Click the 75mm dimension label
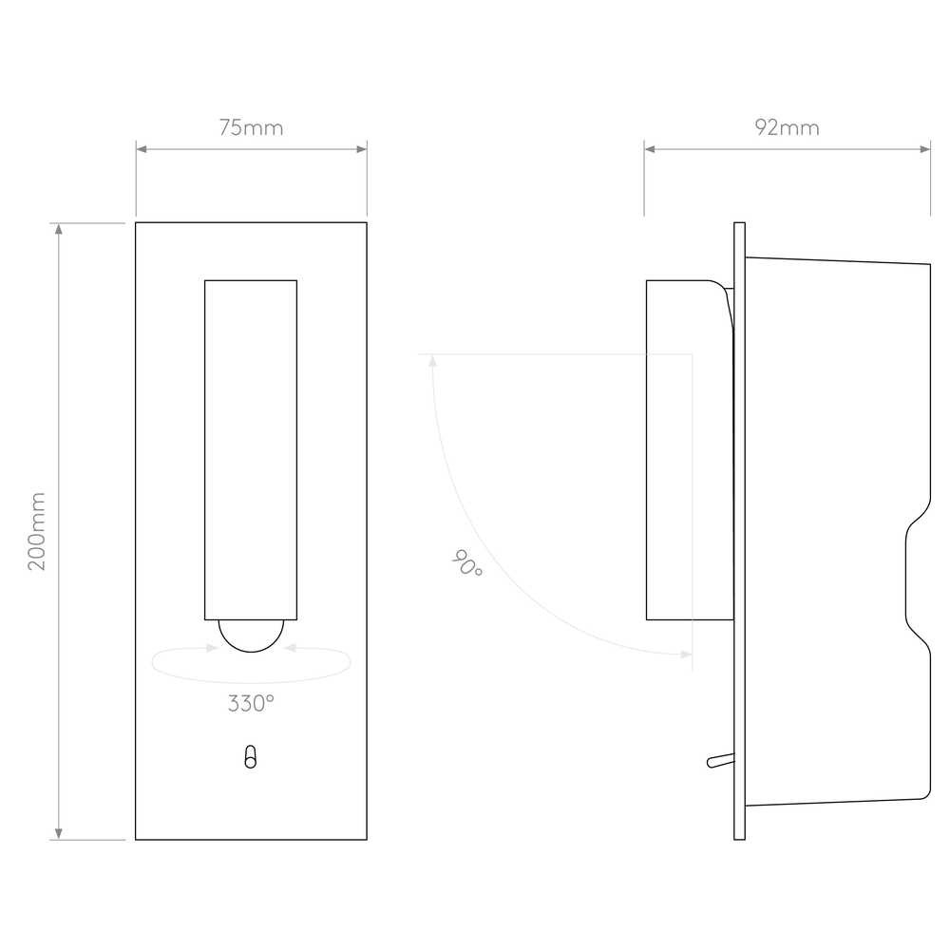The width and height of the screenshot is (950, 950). pyautogui.click(x=251, y=128)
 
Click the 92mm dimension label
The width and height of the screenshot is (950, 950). pyautogui.click(x=787, y=128)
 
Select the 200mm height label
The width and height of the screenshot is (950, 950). pyautogui.click(x=37, y=531)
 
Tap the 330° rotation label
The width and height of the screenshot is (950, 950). pyautogui.click(x=251, y=703)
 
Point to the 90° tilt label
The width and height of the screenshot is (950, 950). pyautogui.click(x=467, y=562)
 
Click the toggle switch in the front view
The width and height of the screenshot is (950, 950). pyautogui.click(x=250, y=757)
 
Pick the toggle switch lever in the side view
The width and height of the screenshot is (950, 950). pyautogui.click(x=721, y=760)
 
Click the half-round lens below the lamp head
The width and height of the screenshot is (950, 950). pyautogui.click(x=251, y=636)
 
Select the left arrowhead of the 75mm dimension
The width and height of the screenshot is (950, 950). pyautogui.click(x=142, y=149)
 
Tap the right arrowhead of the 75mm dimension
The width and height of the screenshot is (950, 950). pyautogui.click(x=362, y=149)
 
